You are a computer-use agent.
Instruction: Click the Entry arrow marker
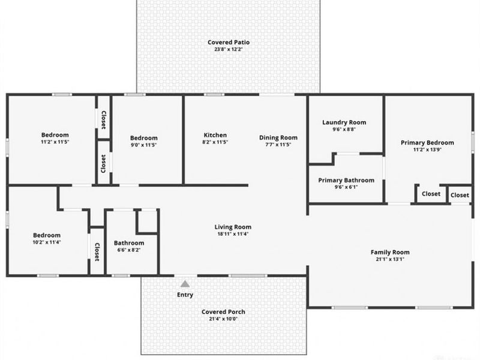click(185, 284)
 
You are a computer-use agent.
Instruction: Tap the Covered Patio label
click(229, 43)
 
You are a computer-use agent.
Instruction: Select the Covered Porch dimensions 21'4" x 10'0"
click(223, 319)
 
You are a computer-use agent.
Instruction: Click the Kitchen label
click(215, 135)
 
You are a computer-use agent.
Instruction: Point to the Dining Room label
click(278, 137)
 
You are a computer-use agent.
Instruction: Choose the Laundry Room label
click(344, 122)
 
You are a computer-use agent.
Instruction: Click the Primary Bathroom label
click(346, 180)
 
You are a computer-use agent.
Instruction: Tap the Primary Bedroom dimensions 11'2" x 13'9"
click(427, 150)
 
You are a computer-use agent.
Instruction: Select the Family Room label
click(390, 252)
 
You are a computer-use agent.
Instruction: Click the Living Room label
click(233, 227)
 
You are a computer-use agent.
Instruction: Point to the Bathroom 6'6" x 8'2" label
click(129, 243)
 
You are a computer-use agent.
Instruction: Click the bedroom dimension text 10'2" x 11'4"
click(47, 242)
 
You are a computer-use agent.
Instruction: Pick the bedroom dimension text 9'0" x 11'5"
click(144, 145)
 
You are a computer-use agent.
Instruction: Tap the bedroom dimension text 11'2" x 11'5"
click(55, 142)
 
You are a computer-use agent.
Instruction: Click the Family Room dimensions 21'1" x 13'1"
click(390, 260)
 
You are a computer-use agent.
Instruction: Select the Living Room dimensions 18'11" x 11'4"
click(233, 235)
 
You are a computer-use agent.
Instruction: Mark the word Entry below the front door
click(185, 295)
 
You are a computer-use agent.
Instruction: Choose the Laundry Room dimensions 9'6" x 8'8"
click(344, 130)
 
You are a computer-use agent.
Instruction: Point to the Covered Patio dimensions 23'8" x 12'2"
click(229, 50)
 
